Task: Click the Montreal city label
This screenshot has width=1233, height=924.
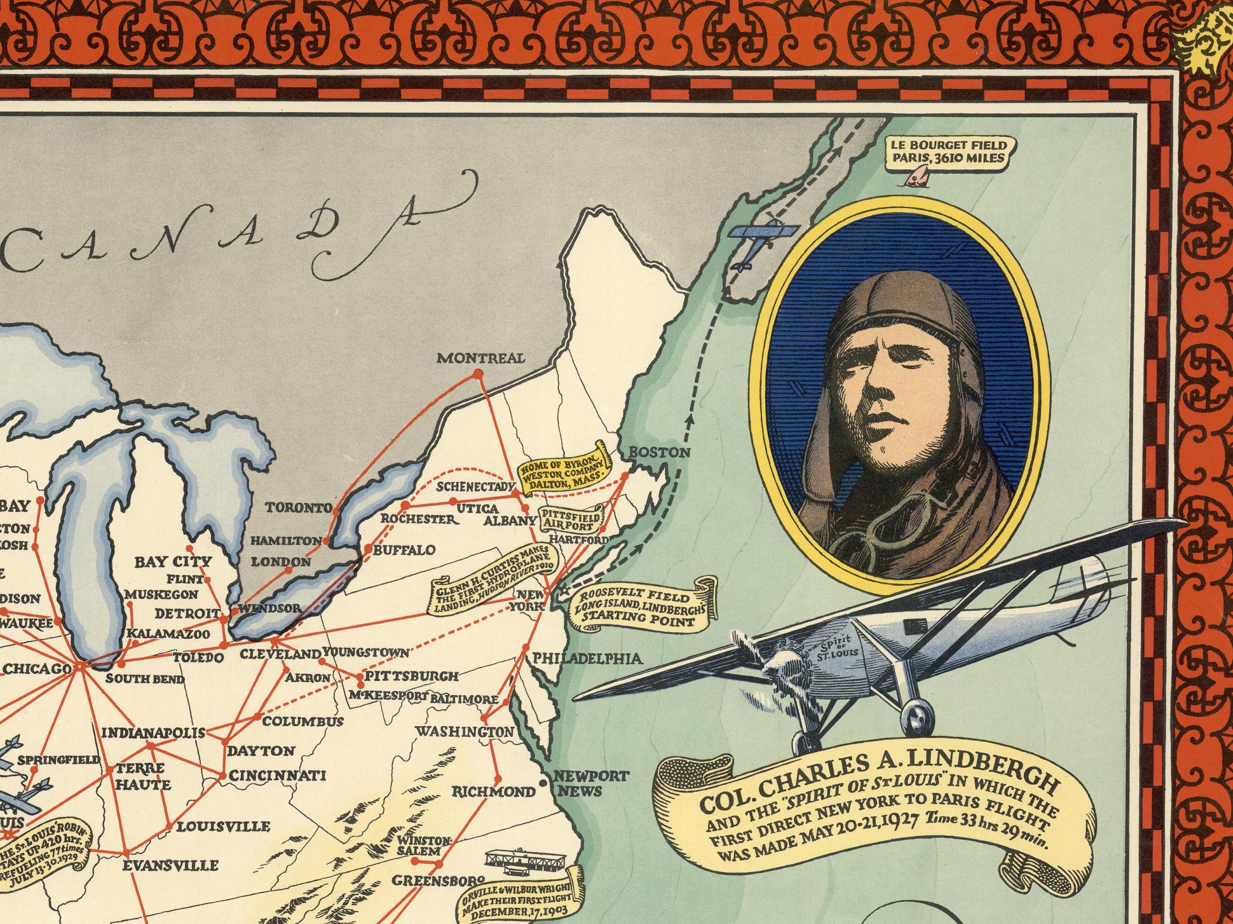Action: pyautogui.click(x=481, y=358)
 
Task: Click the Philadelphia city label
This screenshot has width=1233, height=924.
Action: pyautogui.click(x=587, y=659)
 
